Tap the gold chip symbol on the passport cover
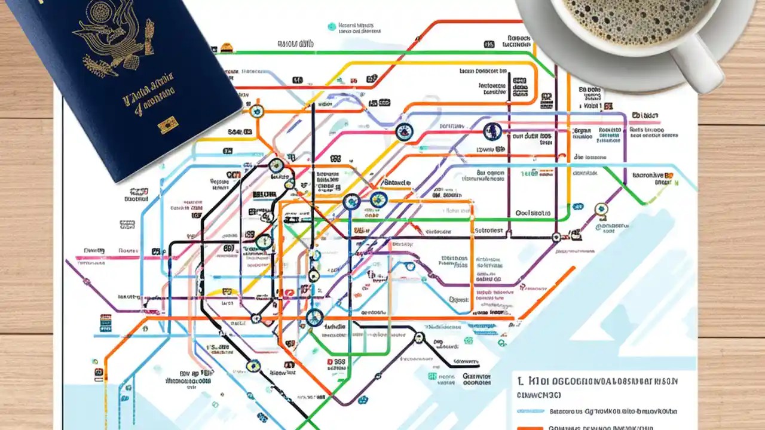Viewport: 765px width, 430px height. [x=167, y=125]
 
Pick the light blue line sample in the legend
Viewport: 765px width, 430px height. [x=530, y=411]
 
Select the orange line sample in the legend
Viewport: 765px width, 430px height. [x=530, y=428]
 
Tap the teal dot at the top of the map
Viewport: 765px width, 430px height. [x=332, y=26]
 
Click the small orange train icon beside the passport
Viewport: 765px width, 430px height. [x=227, y=48]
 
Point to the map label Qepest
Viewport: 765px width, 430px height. [x=458, y=299]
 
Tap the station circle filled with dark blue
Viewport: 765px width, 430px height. [x=492, y=130]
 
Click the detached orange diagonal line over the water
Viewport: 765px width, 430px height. [x=547, y=293]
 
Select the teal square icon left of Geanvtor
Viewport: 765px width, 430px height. [x=432, y=376]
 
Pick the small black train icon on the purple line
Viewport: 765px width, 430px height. [x=556, y=237]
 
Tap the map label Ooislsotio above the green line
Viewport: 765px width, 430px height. [x=533, y=213]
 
